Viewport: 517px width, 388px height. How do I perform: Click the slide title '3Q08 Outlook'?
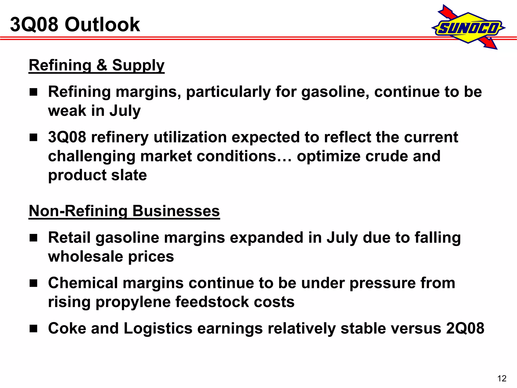pyautogui.click(x=75, y=25)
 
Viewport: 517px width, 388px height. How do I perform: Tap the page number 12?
pyautogui.click(x=502, y=378)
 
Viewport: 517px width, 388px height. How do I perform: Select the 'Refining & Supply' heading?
pyautogui.click(x=96, y=65)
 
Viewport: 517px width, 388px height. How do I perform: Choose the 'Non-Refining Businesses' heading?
pyautogui.click(x=124, y=211)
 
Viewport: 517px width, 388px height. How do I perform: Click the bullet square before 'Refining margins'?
pyautogui.click(x=33, y=92)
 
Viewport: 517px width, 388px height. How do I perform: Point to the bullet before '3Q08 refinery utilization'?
pyautogui.click(x=33, y=138)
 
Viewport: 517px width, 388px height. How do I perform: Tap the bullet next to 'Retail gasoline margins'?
pyautogui.click(x=33, y=238)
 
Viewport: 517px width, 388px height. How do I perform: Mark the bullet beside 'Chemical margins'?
pyautogui.click(x=33, y=283)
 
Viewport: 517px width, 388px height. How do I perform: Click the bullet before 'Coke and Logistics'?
pyautogui.click(x=33, y=329)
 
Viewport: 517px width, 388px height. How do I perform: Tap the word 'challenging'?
pyautogui.click(x=92, y=157)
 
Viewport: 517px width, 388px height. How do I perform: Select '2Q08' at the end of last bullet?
pyautogui.click(x=465, y=328)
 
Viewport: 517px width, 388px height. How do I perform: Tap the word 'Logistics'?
pyautogui.click(x=158, y=329)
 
